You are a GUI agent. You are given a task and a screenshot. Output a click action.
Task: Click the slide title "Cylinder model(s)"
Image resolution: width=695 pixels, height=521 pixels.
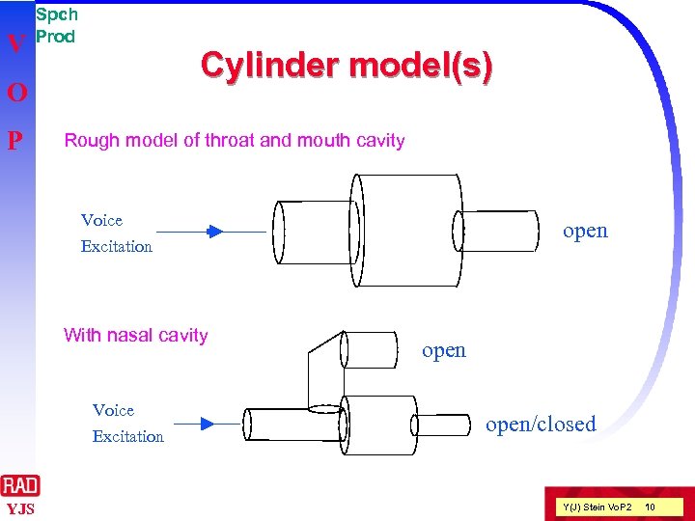(x=346, y=67)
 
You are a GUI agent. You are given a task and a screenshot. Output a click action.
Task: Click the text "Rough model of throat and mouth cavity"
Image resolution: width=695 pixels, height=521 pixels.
(x=234, y=141)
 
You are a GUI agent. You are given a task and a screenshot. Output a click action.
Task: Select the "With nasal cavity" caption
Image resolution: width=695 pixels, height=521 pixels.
(x=135, y=336)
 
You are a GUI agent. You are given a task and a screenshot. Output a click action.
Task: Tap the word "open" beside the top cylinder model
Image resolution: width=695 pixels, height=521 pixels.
(x=585, y=231)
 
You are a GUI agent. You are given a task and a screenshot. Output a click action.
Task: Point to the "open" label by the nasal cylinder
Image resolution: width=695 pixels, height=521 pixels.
(x=444, y=350)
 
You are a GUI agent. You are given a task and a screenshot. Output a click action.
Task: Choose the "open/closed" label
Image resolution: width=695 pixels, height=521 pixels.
(x=541, y=425)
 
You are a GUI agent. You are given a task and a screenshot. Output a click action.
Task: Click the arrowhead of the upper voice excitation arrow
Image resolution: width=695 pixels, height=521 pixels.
(x=215, y=232)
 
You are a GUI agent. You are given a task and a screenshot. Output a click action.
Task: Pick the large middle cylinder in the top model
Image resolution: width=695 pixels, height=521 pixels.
(x=405, y=230)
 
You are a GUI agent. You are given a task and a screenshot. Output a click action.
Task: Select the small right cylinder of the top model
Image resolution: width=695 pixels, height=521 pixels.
(x=497, y=230)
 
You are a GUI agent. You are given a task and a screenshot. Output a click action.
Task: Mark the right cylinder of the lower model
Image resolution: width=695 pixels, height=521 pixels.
(x=443, y=425)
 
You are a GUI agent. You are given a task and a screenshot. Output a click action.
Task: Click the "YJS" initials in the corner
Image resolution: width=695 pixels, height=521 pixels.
(x=19, y=508)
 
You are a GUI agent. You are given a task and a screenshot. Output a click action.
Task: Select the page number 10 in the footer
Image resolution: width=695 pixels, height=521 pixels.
(x=650, y=507)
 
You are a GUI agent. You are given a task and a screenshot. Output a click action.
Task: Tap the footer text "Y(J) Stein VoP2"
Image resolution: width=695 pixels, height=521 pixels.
(x=597, y=507)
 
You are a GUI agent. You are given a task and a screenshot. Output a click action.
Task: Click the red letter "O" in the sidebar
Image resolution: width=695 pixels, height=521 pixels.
(x=15, y=94)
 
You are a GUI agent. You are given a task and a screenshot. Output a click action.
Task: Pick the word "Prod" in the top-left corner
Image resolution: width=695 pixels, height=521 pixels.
(x=55, y=37)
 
